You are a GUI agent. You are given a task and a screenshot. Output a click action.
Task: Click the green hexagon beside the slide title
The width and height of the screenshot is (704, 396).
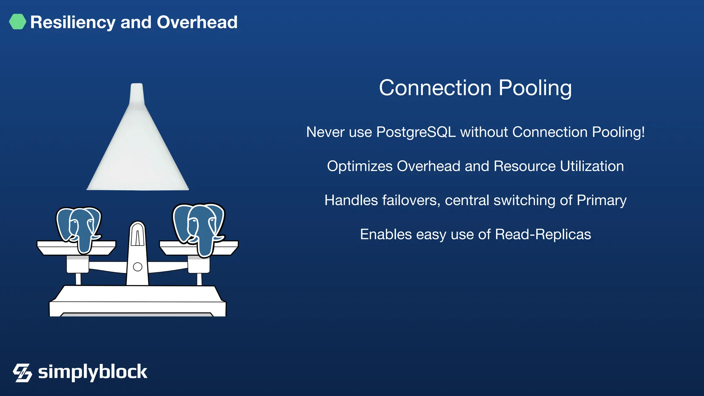(x=18, y=22)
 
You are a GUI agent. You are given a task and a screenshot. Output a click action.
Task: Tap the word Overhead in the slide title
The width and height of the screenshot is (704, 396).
(x=197, y=22)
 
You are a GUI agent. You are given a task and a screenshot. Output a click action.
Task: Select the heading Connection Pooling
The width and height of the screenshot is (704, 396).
(x=475, y=88)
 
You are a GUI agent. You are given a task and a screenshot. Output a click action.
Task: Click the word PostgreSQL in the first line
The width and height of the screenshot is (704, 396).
(x=416, y=132)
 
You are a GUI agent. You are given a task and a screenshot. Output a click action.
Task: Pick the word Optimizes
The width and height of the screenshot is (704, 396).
(x=360, y=166)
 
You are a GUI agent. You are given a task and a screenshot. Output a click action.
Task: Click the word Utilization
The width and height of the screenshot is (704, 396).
(x=592, y=166)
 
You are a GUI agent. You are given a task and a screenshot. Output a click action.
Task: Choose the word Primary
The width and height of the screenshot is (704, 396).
(x=602, y=200)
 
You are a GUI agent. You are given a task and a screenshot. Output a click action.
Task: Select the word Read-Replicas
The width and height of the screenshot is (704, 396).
(x=543, y=234)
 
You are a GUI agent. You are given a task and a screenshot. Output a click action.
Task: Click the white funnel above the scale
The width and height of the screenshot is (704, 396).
(x=138, y=155)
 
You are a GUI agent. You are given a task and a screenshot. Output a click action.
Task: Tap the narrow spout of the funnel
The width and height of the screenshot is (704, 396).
(x=137, y=93)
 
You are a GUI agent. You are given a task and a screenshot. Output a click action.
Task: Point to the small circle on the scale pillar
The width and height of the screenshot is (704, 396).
(x=137, y=267)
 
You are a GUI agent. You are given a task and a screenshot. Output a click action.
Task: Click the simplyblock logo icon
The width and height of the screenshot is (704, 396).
(x=22, y=373)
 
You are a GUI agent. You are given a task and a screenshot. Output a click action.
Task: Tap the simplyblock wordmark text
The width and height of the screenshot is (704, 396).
(x=92, y=372)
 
